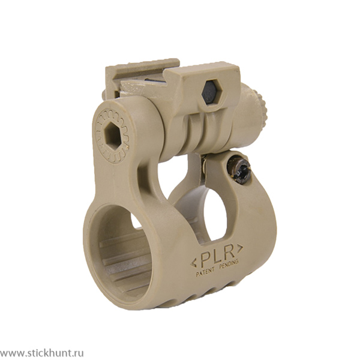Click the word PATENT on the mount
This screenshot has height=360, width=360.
(205, 271)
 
